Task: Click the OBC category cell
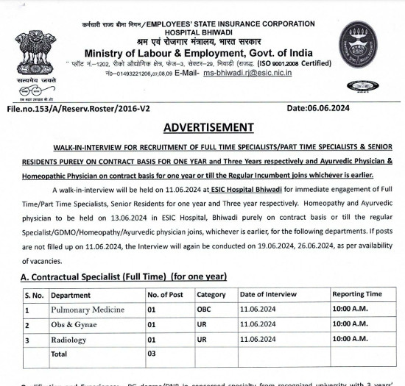tap(204, 310)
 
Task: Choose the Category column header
tap(211, 295)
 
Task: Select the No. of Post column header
tap(166, 295)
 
